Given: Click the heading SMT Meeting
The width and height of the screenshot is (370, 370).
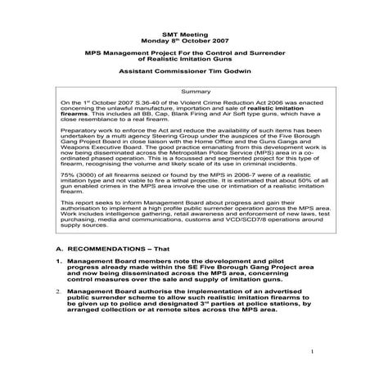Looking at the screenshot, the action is coord(184,16).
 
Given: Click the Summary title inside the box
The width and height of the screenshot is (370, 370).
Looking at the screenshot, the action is coord(184,91).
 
